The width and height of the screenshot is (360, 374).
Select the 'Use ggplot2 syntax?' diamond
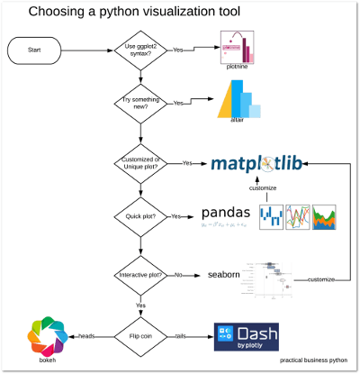click(138, 50)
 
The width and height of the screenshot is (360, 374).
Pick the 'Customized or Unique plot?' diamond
click(138, 163)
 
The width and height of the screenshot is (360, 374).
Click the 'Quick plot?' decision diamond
click(138, 216)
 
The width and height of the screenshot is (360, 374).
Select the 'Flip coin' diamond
click(138, 335)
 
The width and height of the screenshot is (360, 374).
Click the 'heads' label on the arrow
click(86, 335)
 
